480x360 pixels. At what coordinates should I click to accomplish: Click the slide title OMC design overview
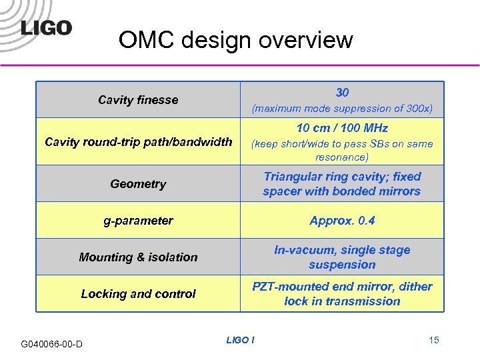(x=235, y=40)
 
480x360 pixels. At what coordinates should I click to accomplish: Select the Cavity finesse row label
(x=138, y=100)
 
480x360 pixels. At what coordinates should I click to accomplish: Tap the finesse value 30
(x=342, y=93)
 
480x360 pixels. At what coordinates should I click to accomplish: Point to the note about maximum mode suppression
(x=342, y=108)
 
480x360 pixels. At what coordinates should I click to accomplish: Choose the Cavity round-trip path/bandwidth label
(x=138, y=141)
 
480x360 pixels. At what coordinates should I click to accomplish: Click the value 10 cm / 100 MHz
(x=342, y=128)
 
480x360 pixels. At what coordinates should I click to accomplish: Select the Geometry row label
(x=138, y=184)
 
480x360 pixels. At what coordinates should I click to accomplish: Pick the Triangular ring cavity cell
(x=342, y=184)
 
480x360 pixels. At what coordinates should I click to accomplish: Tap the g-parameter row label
(x=138, y=221)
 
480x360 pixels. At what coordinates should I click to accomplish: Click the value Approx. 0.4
(x=342, y=221)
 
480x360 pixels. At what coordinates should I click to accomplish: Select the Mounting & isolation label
(x=138, y=257)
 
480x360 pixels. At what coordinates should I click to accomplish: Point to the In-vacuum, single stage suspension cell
(x=342, y=257)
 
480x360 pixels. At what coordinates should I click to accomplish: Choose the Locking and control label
(x=138, y=294)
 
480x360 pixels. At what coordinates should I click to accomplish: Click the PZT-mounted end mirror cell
(x=342, y=294)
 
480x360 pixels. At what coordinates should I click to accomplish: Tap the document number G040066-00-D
(x=52, y=344)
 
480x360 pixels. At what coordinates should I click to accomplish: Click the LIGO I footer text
(x=240, y=341)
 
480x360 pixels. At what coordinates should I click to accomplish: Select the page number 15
(x=433, y=341)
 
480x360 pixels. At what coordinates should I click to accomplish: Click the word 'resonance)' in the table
(x=342, y=158)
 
